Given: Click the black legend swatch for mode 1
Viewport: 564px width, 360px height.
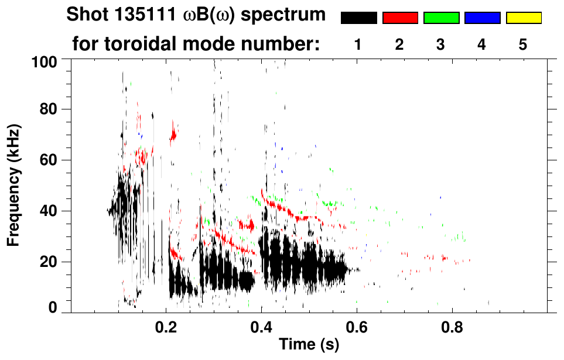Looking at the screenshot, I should [359, 18].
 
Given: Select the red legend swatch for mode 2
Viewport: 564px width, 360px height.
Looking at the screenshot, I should [400, 18].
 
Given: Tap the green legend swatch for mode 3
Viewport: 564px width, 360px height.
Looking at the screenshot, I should [441, 18].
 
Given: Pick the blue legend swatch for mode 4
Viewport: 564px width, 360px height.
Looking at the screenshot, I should [482, 18].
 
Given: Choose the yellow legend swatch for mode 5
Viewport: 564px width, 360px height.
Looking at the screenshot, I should [523, 18].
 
